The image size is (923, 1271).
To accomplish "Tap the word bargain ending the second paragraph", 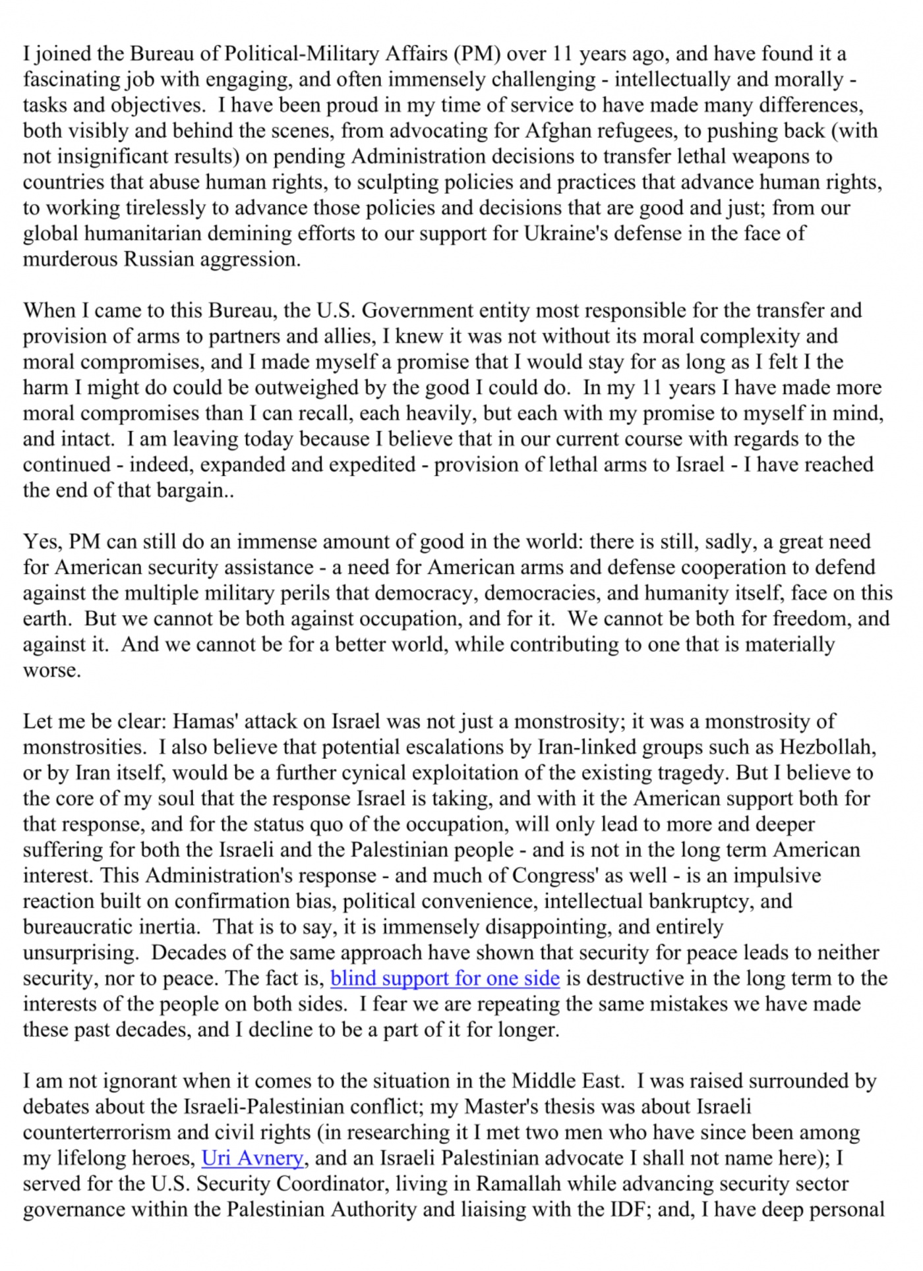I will [x=191, y=490].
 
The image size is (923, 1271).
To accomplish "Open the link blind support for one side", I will [x=445, y=978].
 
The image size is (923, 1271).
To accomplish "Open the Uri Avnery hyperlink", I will [x=253, y=1158].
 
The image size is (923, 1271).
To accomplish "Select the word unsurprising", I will [x=79, y=953].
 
